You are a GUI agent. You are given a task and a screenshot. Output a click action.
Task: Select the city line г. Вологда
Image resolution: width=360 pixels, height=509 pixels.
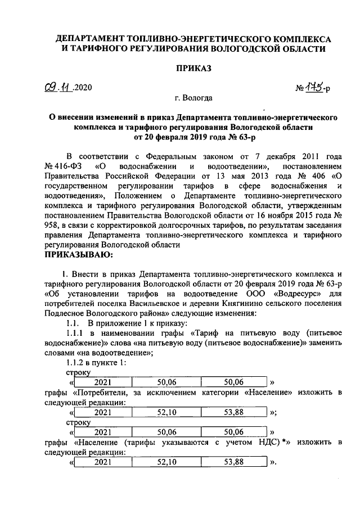[193, 98]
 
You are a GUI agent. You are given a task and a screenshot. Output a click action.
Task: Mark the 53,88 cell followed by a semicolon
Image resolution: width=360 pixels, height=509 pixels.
[233, 412]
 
